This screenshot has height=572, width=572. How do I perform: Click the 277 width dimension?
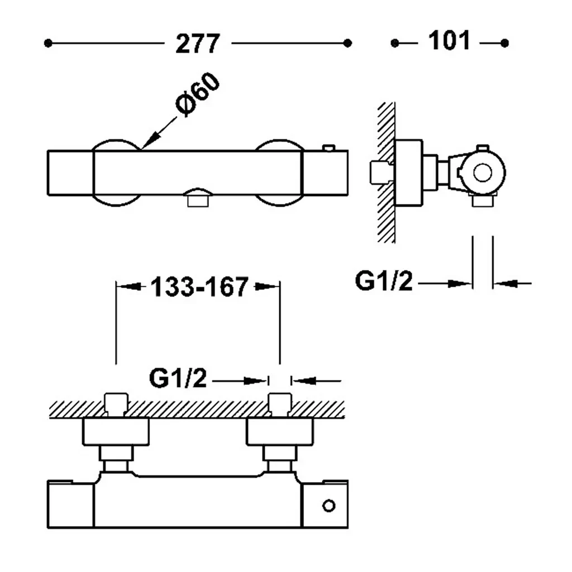(198, 44)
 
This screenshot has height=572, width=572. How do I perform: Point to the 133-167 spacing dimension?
(199, 287)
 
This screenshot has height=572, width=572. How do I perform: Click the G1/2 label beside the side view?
(384, 282)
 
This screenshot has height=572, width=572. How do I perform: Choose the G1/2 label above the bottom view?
(178, 378)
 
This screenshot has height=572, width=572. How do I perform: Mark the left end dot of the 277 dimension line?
(48, 44)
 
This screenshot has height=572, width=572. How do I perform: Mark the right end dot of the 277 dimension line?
(347, 44)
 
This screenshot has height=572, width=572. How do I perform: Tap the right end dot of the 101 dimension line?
(504, 44)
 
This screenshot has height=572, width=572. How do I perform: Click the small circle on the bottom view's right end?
(328, 506)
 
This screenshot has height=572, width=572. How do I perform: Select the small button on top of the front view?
(328, 147)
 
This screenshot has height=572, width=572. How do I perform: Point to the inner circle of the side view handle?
(483, 173)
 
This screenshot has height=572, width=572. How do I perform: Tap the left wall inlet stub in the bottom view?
(116, 404)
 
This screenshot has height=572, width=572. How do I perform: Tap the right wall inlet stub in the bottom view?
(280, 404)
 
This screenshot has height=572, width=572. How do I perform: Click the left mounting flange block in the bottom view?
(116, 432)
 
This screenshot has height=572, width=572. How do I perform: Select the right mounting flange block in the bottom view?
(280, 432)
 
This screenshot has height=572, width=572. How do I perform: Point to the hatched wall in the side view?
(386, 172)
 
